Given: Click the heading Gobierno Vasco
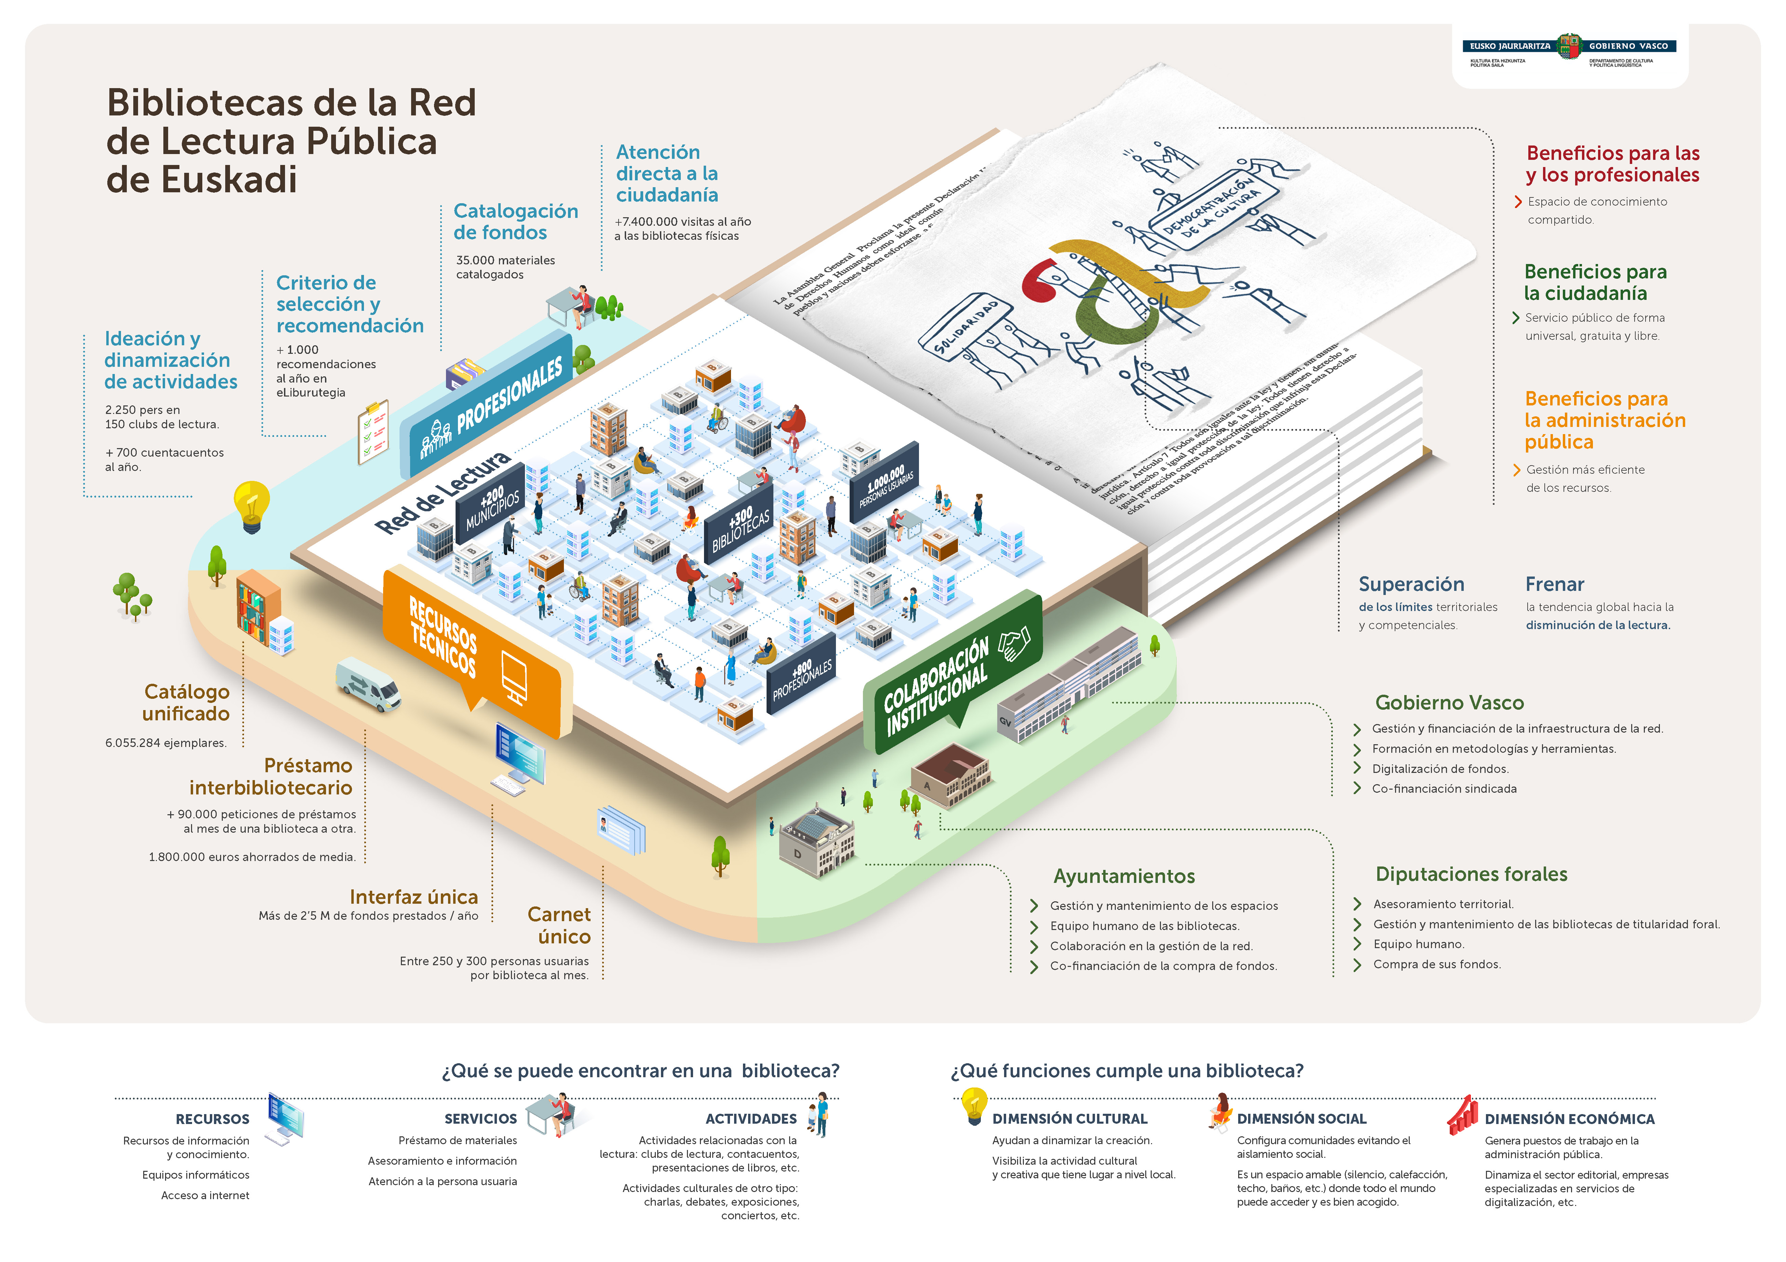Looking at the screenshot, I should tap(1448, 702).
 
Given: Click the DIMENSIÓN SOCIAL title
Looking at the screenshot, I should tap(1301, 1118).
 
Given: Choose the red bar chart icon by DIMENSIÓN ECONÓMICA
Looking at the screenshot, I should tap(1462, 1114).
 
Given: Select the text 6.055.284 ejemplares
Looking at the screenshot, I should tap(166, 743).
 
